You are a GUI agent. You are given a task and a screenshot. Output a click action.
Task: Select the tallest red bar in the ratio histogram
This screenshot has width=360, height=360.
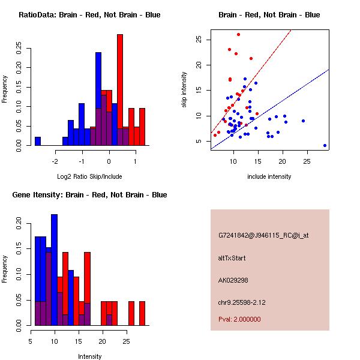point(120,90)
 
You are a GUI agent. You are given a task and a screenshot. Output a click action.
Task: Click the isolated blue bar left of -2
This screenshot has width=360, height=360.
point(38,141)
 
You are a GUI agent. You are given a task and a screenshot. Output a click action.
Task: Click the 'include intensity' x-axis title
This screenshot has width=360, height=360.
point(269,176)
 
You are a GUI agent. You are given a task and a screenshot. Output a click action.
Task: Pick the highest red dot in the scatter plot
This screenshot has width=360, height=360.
point(238,35)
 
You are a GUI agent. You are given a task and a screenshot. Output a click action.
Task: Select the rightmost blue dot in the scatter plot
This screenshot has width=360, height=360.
point(325,145)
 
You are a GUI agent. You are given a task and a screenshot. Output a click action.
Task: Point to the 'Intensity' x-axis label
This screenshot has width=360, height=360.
point(89,356)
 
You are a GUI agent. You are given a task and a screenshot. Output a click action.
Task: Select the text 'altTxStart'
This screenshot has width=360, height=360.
point(232,258)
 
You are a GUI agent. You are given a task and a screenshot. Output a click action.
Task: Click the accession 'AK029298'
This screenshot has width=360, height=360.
point(233,280)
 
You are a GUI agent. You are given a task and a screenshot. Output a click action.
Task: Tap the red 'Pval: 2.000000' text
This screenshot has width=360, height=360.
point(239,319)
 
